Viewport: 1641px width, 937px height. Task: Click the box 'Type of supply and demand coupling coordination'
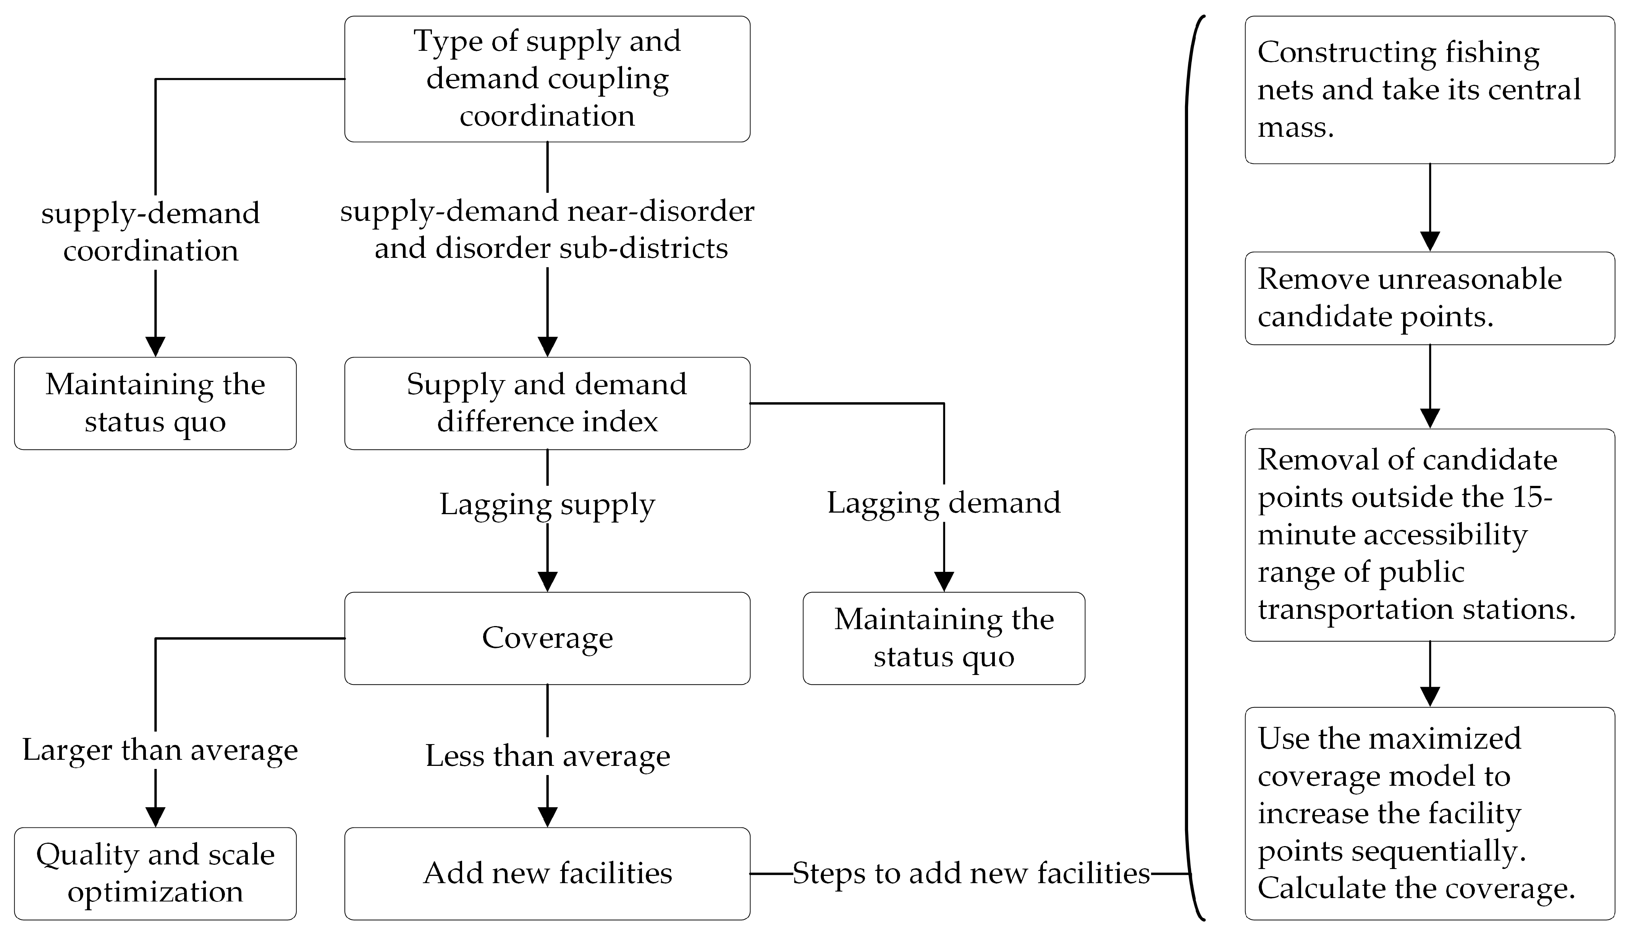click(547, 79)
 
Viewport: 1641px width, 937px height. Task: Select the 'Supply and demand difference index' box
click(547, 403)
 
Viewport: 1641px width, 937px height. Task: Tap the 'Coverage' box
click(547, 638)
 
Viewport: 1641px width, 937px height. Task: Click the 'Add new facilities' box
click(547, 873)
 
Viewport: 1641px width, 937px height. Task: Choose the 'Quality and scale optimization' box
click(155, 873)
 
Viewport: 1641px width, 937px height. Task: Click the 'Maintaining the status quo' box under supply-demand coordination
click(155, 403)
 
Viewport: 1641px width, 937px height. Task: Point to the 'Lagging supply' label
click(547, 504)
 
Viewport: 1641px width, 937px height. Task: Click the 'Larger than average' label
click(160, 750)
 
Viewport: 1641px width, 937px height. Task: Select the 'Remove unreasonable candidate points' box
click(1429, 298)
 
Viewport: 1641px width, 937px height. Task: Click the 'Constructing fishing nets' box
click(1429, 89)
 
